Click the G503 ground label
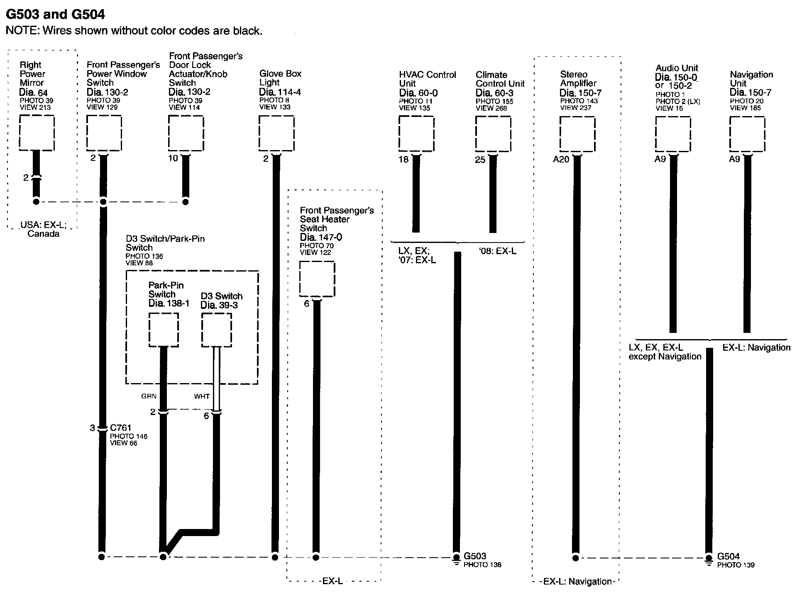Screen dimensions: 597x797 point(475,556)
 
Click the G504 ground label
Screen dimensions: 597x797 point(728,556)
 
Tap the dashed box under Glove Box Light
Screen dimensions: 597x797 point(276,133)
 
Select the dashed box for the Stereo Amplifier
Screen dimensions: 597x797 point(577,134)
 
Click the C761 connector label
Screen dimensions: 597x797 point(121,428)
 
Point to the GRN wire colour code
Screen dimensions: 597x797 point(149,396)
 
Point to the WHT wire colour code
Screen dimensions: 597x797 point(202,396)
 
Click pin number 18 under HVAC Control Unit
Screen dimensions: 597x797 point(403,160)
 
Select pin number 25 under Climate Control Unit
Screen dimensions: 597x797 point(480,160)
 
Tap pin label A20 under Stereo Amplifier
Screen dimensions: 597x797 point(561,159)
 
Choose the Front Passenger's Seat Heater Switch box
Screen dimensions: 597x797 point(317,279)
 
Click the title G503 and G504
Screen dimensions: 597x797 point(55,15)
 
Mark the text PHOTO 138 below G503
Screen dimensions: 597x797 point(482,565)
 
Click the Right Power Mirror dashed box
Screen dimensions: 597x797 point(37,133)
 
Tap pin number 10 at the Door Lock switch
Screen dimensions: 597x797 point(173,158)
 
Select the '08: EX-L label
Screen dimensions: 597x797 point(497,251)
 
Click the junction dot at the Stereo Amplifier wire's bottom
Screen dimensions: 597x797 point(575,558)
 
